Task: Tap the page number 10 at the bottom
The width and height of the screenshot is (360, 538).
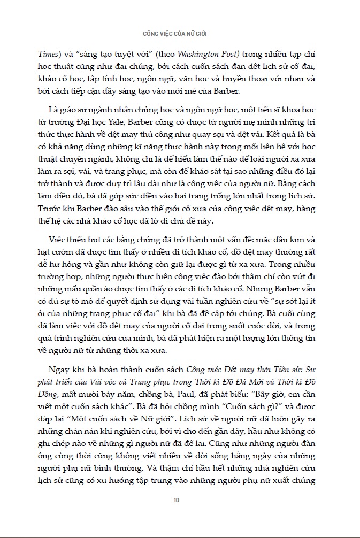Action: [x=177, y=501]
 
